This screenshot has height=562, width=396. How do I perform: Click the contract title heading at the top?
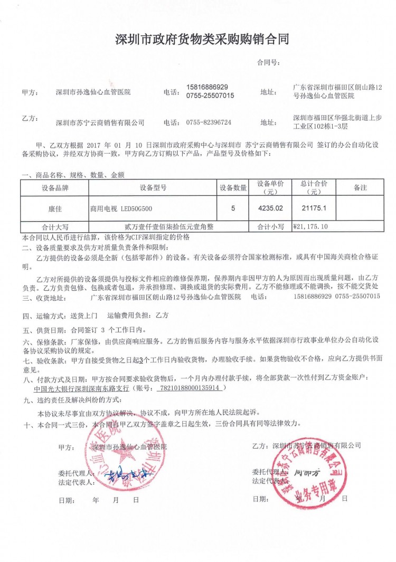(202, 40)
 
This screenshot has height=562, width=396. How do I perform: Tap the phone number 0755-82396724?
(209, 122)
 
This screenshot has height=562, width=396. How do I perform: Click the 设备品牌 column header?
(54, 187)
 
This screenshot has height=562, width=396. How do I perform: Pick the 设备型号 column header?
(153, 187)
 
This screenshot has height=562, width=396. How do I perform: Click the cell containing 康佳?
(54, 208)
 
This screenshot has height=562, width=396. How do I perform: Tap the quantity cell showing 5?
(233, 208)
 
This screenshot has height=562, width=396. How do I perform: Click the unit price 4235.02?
(270, 208)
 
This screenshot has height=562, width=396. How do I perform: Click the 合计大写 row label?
(54, 227)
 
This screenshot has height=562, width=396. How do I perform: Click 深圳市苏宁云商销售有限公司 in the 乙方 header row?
(100, 122)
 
